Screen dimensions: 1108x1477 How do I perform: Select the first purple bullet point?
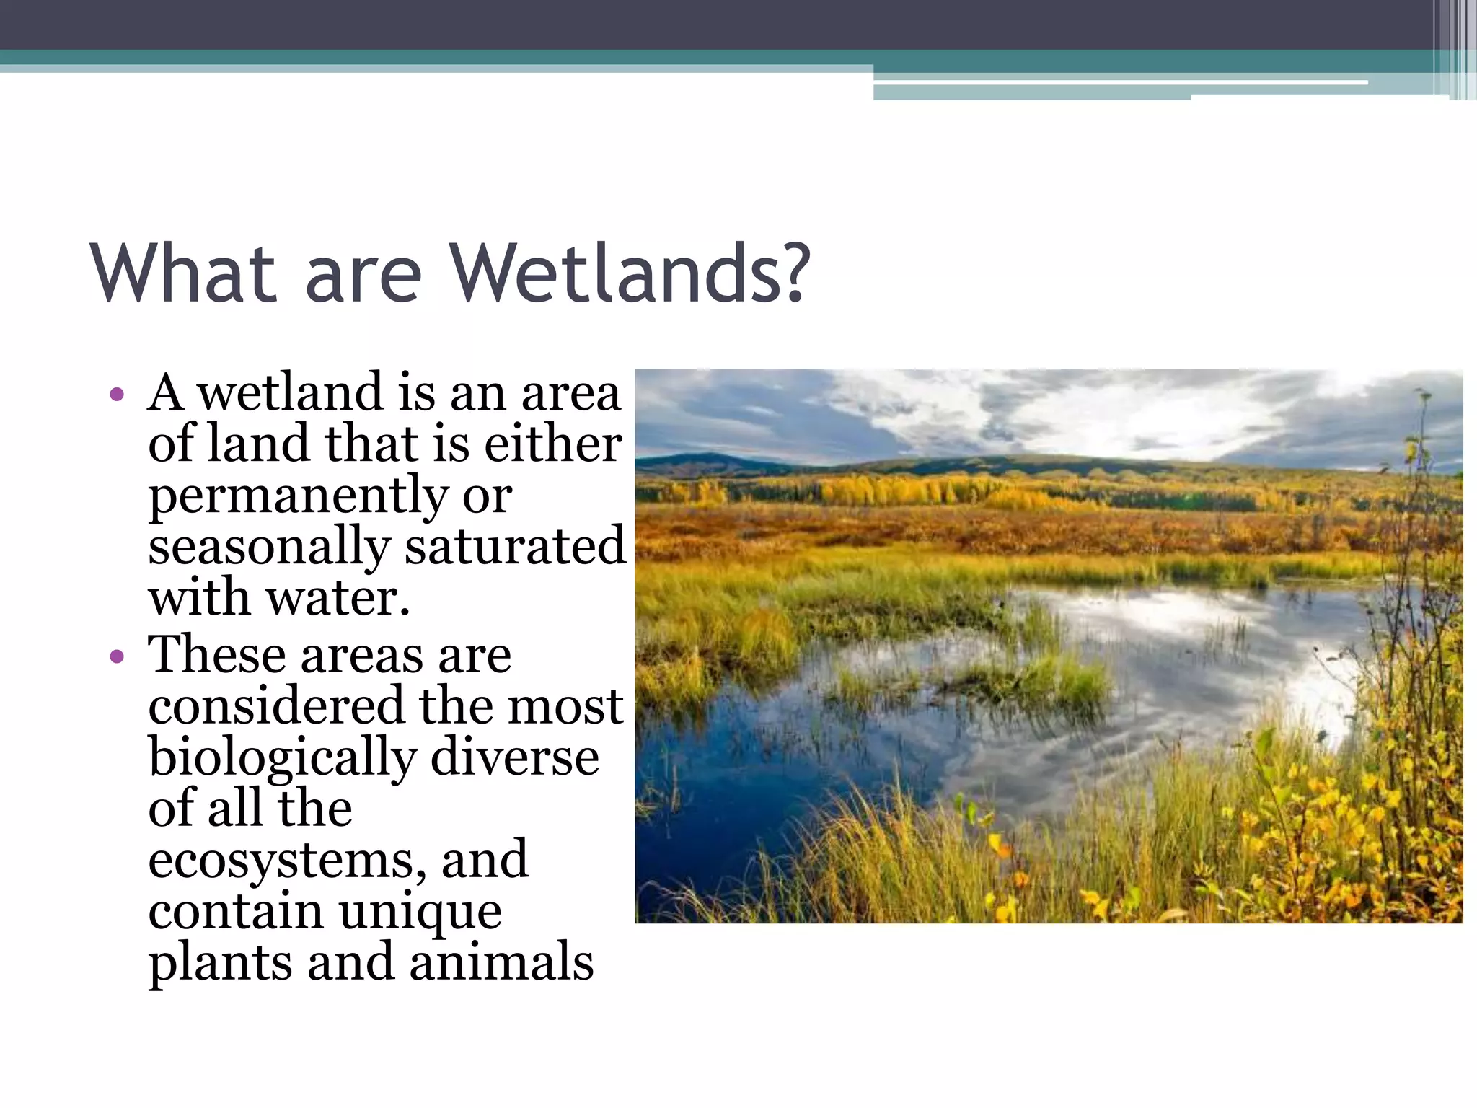coord(117,395)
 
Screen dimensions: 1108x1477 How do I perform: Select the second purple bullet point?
coord(117,657)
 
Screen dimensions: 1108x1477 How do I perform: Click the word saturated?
coord(514,546)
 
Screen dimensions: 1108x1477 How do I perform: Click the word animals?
coord(501,962)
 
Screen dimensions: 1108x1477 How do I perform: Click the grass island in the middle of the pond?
coord(1039,678)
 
